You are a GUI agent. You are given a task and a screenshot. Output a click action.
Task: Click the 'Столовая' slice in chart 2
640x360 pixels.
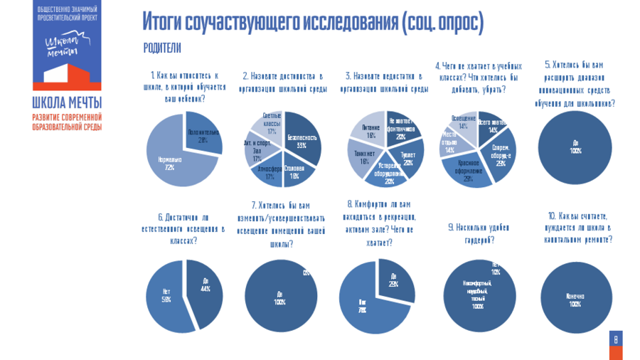295,169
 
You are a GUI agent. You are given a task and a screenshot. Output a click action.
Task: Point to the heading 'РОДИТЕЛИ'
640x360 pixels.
162,48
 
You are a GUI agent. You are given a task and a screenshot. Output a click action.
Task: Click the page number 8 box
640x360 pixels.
616,339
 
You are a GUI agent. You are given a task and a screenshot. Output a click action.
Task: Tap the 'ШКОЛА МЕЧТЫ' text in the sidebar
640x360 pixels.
67,101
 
